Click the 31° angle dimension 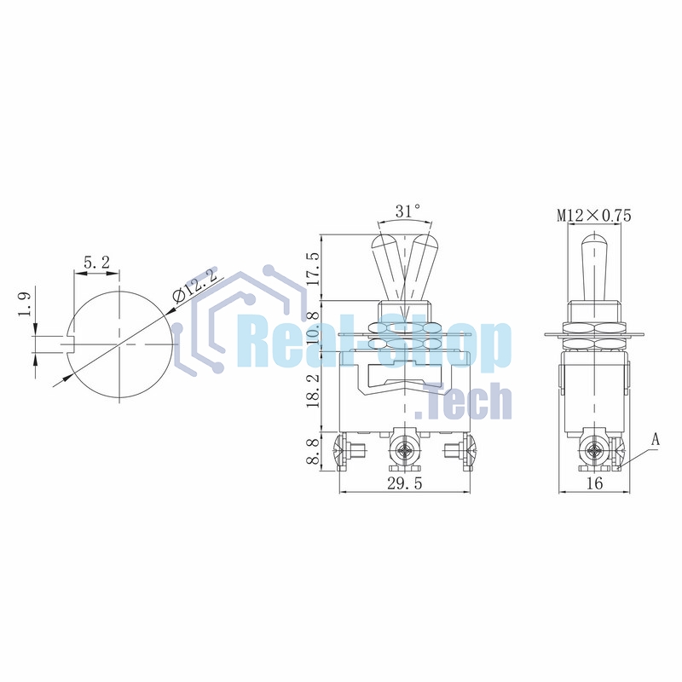pyautogui.click(x=408, y=211)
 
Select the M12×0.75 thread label pyautogui.click(x=594, y=216)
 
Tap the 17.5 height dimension pyautogui.click(x=313, y=268)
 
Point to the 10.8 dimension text pyautogui.click(x=313, y=328)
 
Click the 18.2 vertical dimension pyautogui.click(x=313, y=388)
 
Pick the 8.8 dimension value pyautogui.click(x=313, y=450)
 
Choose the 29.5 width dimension pyautogui.click(x=406, y=483)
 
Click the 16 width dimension pyautogui.click(x=594, y=483)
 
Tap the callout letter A pyautogui.click(x=656, y=440)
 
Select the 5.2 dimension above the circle pyautogui.click(x=96, y=263)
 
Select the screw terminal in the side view pyautogui.click(x=595, y=452)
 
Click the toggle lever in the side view pyautogui.click(x=594, y=264)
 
